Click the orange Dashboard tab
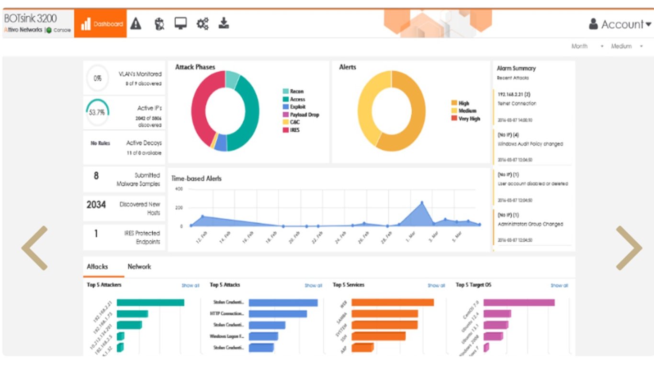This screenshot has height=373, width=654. click(x=101, y=24)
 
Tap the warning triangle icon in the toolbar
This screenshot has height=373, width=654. click(x=136, y=23)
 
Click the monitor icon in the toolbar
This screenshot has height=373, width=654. click(x=180, y=23)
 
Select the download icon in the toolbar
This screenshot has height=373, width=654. click(x=224, y=23)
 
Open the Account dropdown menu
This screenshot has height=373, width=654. click(x=620, y=24)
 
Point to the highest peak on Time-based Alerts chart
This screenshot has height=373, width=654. click(x=422, y=203)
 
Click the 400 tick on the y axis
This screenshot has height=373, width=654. click(x=179, y=189)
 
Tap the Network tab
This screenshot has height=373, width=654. click(x=139, y=267)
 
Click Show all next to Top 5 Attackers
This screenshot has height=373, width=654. click(x=190, y=286)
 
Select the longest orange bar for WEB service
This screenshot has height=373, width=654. click(x=393, y=303)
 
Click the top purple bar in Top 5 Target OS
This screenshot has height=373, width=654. click(x=519, y=303)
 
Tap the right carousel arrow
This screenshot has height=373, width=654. click(x=629, y=248)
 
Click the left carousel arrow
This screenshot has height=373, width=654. click(x=34, y=248)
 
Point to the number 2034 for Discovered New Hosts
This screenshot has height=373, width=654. click(x=96, y=205)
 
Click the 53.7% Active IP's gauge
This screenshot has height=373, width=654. click(x=98, y=112)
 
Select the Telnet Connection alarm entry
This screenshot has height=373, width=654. click(x=517, y=103)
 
